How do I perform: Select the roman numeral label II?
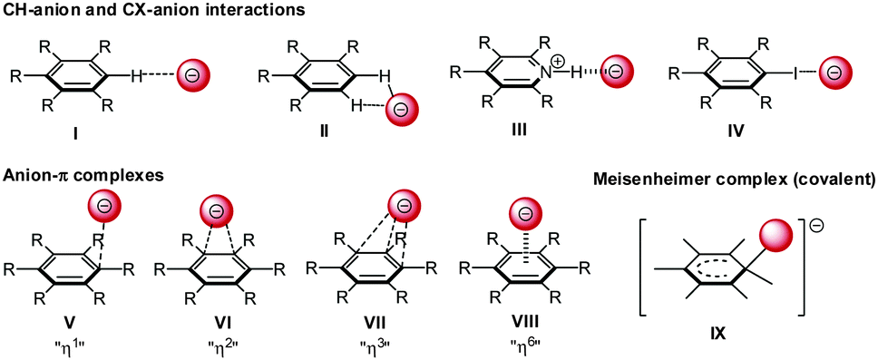click(324, 132)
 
